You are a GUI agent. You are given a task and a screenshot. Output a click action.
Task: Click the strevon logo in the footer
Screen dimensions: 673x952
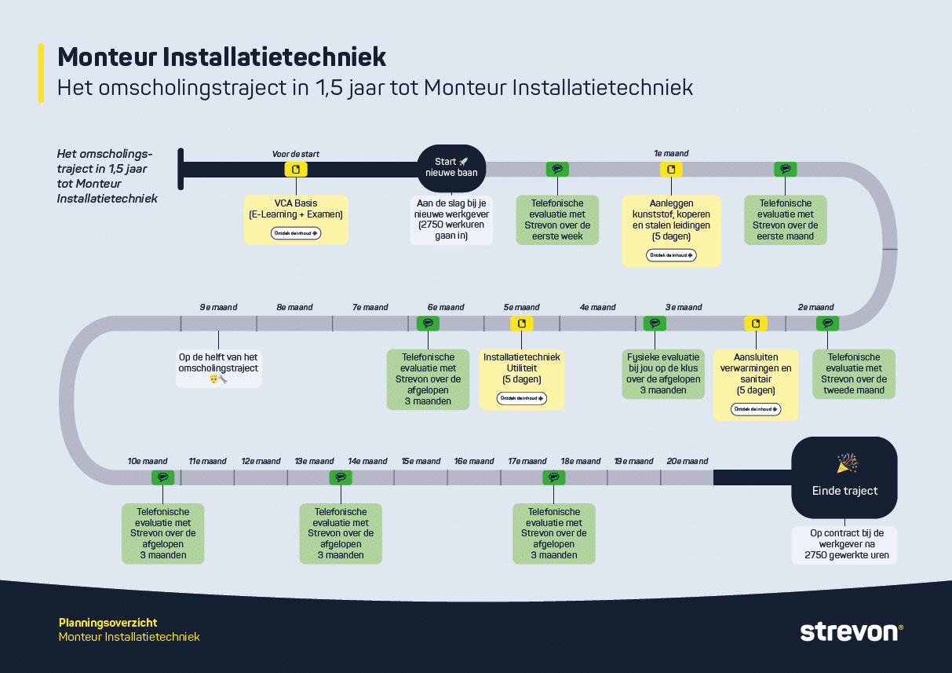pos(851,631)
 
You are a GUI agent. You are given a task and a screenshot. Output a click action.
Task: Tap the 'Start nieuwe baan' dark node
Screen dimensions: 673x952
pos(451,167)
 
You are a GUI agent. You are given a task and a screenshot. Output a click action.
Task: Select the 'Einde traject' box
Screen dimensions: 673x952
pos(844,477)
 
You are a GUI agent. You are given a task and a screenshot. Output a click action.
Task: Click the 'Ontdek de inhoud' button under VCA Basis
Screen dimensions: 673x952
pos(296,233)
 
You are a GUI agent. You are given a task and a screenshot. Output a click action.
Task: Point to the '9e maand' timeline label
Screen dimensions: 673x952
pos(218,307)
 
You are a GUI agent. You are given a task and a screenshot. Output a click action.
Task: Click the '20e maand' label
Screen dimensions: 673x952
pos(687,461)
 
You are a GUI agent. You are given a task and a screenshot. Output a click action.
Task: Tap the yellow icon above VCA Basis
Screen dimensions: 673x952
pos(296,170)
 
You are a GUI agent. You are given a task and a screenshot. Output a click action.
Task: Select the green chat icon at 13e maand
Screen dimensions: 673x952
pos(340,477)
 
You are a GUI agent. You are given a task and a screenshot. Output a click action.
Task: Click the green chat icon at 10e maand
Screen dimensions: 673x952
pos(162,477)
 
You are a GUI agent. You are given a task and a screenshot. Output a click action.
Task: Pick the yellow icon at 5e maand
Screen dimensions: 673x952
pos(521,324)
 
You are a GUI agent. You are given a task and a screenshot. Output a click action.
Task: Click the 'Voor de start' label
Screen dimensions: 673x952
pos(295,154)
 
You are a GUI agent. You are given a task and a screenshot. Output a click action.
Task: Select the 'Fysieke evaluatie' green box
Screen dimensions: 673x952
pos(663,373)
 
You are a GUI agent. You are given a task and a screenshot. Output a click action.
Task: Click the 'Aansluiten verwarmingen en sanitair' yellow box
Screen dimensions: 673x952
pos(756,385)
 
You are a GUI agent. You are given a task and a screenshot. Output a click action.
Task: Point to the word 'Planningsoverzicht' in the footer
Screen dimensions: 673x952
pos(108,623)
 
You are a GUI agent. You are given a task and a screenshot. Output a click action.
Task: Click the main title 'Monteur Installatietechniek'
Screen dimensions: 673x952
pos(222,57)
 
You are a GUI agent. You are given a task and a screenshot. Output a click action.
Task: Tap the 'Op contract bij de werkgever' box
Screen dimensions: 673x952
pos(844,544)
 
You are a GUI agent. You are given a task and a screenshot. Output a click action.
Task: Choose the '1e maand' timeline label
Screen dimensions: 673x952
pos(671,154)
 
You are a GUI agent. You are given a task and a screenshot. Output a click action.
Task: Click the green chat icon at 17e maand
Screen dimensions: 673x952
pos(554,477)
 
